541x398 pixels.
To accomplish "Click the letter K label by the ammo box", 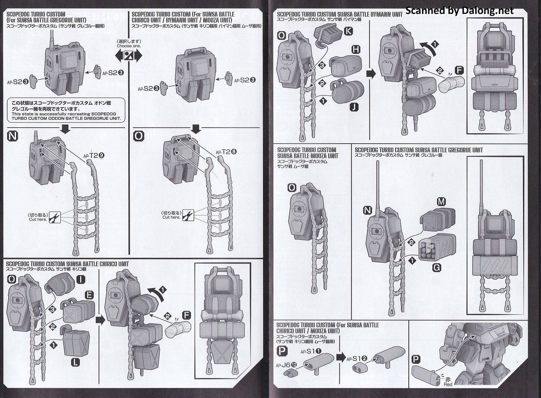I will pos(348,31).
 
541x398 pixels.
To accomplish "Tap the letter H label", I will pos(356,50).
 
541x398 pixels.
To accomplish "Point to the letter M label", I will pos(441,202).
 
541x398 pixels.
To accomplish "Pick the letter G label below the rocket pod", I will pos(436,267).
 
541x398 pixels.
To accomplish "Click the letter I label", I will pos(81,279).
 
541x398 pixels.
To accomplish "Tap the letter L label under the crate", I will pos(75,362).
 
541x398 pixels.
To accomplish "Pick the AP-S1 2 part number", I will pos(357,358).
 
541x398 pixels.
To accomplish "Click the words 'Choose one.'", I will pos(129,46).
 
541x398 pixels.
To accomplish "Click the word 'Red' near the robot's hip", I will pos(448,384).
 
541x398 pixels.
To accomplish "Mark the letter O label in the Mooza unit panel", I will pos(292,188).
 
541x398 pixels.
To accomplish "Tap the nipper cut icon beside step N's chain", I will pos(55,217).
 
